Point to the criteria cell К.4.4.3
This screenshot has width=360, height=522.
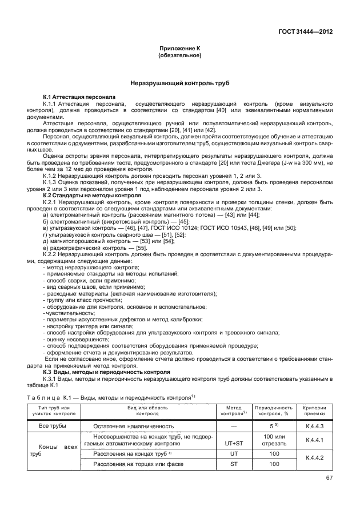click(x=315, y=427)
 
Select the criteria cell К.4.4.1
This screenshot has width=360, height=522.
click(x=315, y=440)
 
